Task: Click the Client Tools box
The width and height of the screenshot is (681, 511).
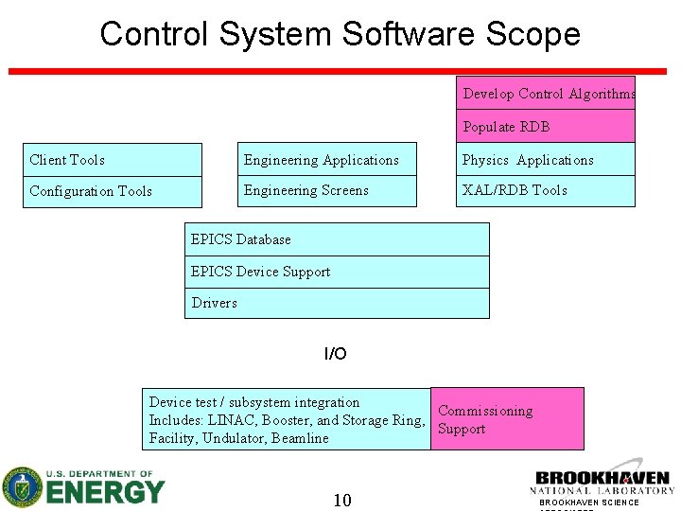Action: click(x=113, y=160)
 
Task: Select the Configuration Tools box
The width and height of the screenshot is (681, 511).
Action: click(x=113, y=191)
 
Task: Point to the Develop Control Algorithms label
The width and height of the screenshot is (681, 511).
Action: click(x=549, y=94)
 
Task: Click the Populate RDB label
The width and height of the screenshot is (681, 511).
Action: click(x=506, y=127)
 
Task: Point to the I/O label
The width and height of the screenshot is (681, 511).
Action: click(x=336, y=354)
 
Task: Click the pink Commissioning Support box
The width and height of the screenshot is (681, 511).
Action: click(x=507, y=419)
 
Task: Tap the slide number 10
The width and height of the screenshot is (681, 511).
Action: click(x=341, y=500)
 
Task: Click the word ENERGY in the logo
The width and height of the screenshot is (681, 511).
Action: click(x=105, y=492)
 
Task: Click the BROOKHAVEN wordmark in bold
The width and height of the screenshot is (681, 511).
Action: click(x=602, y=479)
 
